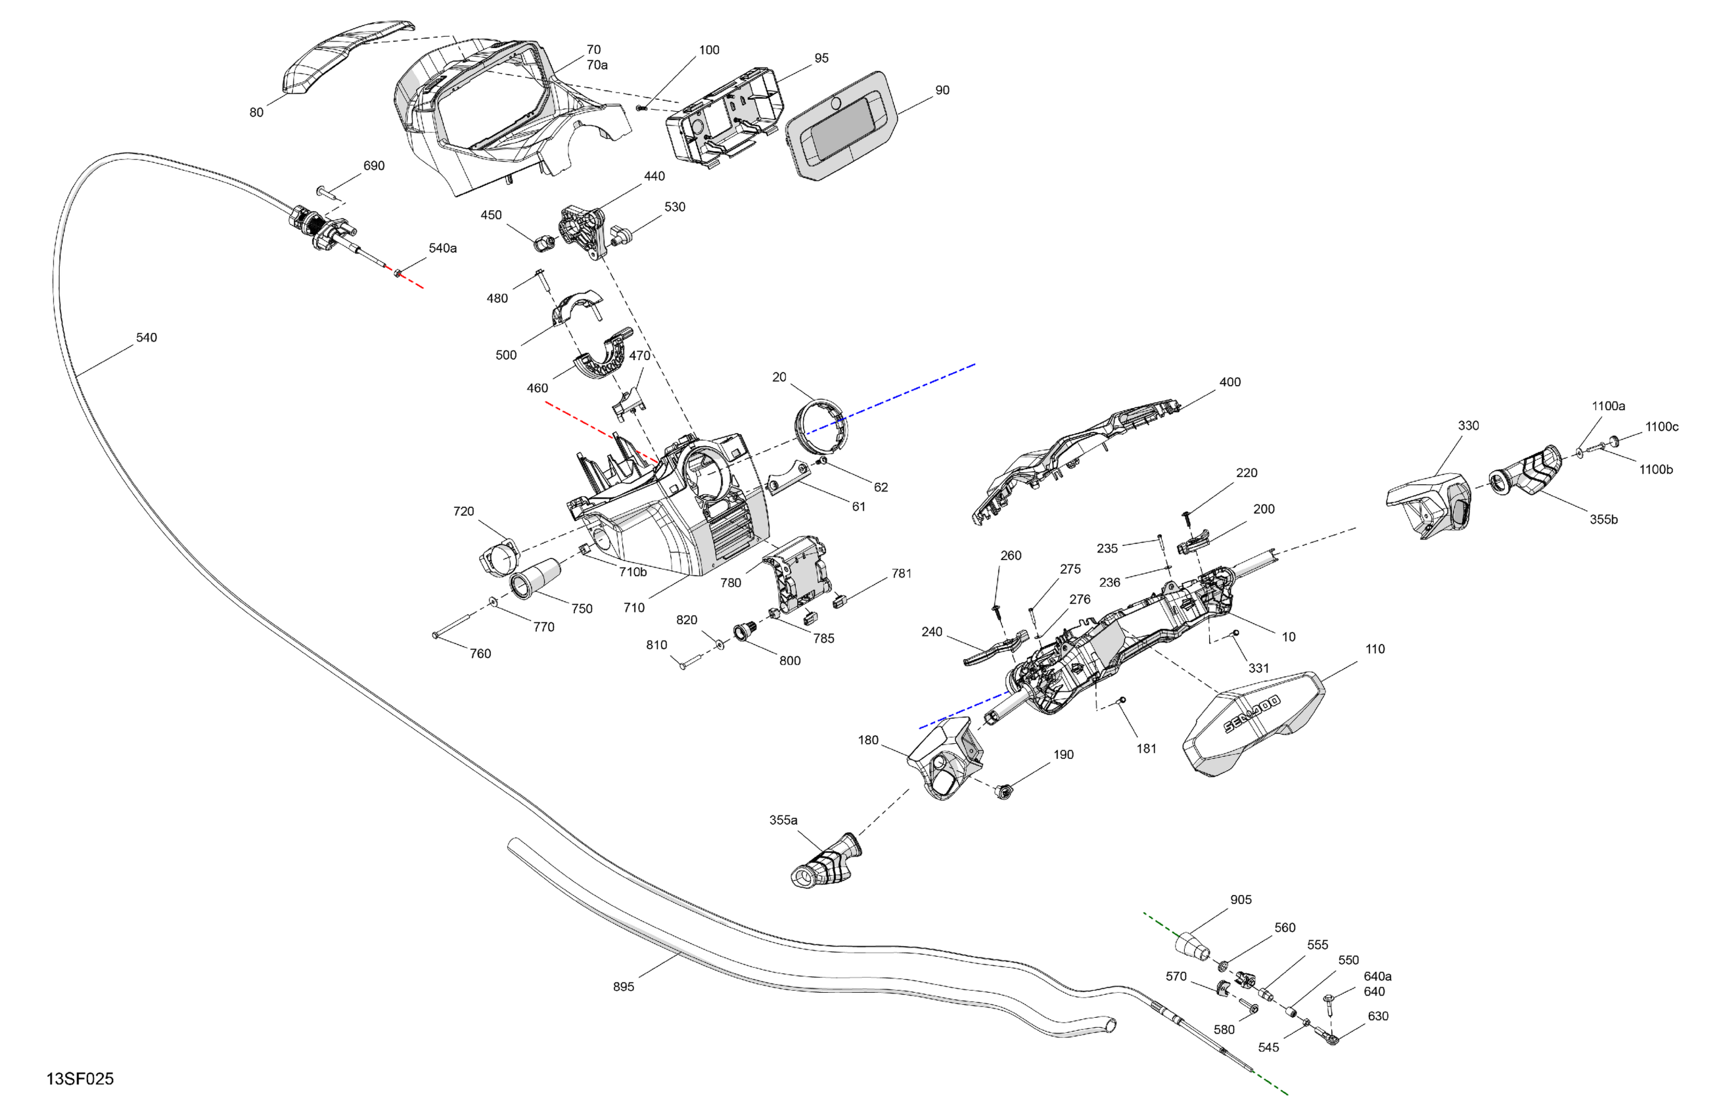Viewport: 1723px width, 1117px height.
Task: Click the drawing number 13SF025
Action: pos(80,1079)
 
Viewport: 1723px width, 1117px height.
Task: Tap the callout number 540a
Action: pos(442,248)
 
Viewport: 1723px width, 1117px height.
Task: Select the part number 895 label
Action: pos(624,987)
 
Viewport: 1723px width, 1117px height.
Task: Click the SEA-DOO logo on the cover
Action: pos(1252,714)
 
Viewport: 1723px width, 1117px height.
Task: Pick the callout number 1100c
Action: pos(1661,427)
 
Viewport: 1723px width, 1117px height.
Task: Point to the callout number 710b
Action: pos(633,572)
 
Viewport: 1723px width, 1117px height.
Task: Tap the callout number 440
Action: pos(655,177)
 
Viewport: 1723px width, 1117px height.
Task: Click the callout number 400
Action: pos(1230,382)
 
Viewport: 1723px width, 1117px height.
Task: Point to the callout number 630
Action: pos(1377,1016)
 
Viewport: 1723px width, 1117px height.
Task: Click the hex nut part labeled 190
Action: pos(1003,791)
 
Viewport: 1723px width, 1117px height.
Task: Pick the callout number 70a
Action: pos(597,65)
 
